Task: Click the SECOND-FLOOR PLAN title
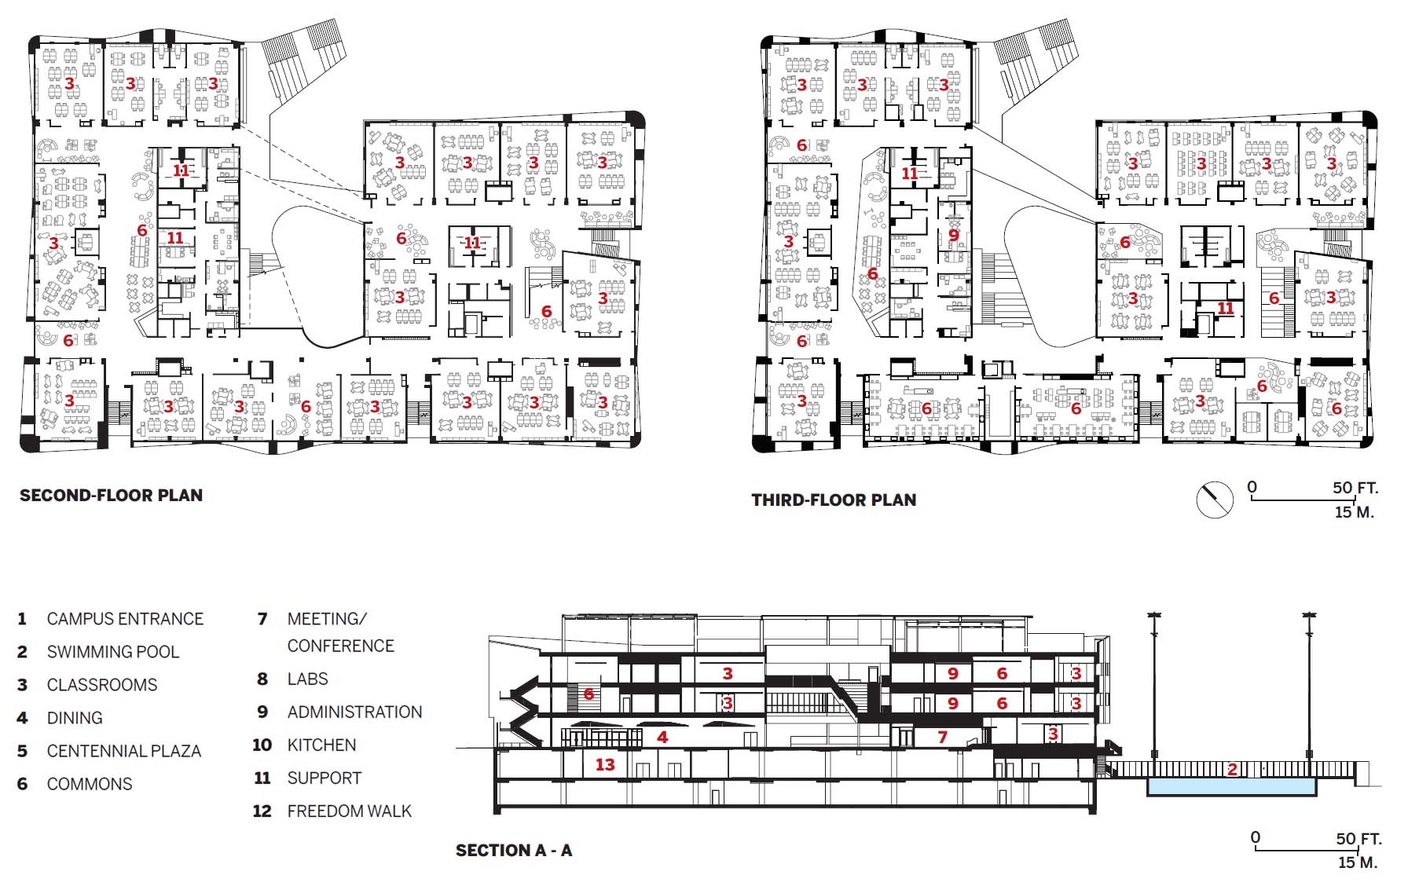pos(111,496)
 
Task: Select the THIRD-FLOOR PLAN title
pos(834,500)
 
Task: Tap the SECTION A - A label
pos(514,851)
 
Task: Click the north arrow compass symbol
pos(1214,500)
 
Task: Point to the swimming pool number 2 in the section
pos(1232,770)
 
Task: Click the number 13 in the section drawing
pos(605,764)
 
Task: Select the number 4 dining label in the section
pos(662,737)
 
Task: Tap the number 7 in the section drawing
pos(942,737)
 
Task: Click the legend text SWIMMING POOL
pos(113,652)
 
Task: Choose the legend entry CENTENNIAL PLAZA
pos(124,751)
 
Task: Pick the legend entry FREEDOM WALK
pos(350,811)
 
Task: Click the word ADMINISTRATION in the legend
pos(354,712)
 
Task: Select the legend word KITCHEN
pos(321,745)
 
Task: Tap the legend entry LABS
pos(307,679)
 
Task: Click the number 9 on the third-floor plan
pos(953,234)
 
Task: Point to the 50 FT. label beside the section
pos(1358,839)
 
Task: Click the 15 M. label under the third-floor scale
pos(1355,512)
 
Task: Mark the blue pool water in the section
pos(1232,786)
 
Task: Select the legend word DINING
pos(75,718)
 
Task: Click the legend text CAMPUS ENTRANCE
pos(125,619)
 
